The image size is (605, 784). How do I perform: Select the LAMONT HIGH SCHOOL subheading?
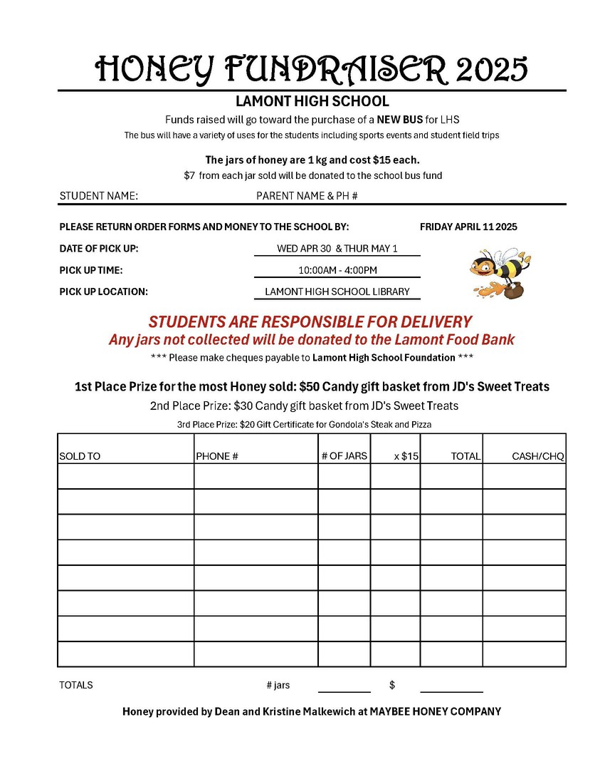pyautogui.click(x=312, y=101)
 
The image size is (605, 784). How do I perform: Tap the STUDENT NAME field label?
pyautogui.click(x=98, y=195)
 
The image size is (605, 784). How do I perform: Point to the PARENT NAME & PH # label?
pyautogui.click(x=307, y=195)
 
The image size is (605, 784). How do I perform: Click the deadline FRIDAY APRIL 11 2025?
pyautogui.click(x=468, y=227)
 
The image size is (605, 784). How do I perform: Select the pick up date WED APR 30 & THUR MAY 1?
pyautogui.click(x=337, y=249)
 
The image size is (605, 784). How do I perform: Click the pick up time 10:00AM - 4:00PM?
pyautogui.click(x=337, y=270)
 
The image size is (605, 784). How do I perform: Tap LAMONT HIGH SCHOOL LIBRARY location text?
pyautogui.click(x=337, y=292)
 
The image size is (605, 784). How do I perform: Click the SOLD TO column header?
pyautogui.click(x=80, y=456)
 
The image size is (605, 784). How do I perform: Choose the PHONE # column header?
pyautogui.click(x=216, y=456)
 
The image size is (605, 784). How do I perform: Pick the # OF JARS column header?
pyautogui.click(x=344, y=455)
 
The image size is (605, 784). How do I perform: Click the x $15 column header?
pyautogui.click(x=406, y=456)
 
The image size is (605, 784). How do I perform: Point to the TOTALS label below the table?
pyautogui.click(x=76, y=685)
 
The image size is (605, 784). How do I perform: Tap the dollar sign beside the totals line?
pyautogui.click(x=392, y=685)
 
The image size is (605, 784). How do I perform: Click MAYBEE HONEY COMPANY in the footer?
pyautogui.click(x=435, y=711)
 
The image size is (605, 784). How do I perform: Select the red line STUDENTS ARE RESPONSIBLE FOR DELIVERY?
pyautogui.click(x=310, y=321)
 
